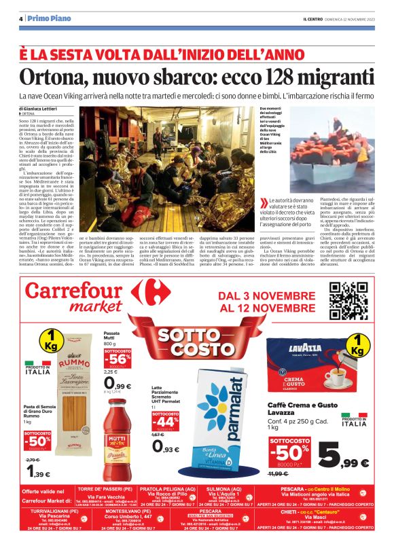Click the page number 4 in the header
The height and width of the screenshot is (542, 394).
[21, 18]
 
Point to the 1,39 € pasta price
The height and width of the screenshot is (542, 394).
[38, 473]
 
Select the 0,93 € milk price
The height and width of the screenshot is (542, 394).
[167, 446]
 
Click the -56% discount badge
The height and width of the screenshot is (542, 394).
[118, 359]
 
